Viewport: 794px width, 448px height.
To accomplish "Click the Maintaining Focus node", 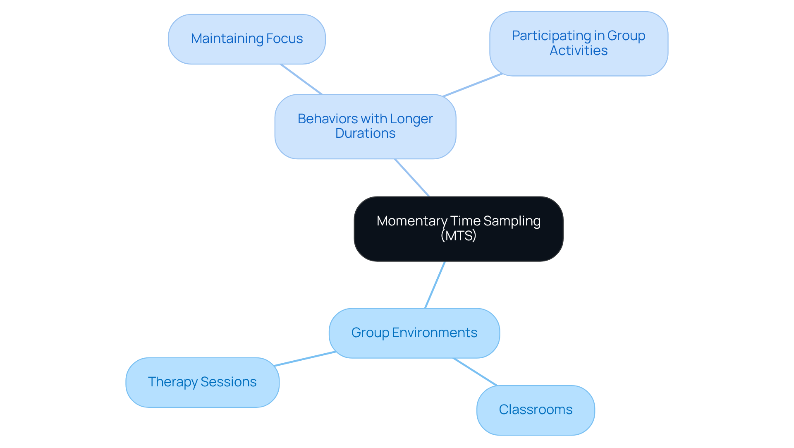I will [246, 39].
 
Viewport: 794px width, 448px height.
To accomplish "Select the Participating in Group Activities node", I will [578, 43].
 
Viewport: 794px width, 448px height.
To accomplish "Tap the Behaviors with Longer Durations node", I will [365, 126].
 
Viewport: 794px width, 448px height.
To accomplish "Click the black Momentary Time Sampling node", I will [458, 229].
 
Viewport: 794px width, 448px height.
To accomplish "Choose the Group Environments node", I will [414, 333].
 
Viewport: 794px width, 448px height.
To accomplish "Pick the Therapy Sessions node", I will [202, 382].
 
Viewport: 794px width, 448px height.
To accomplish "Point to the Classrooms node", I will [535, 410].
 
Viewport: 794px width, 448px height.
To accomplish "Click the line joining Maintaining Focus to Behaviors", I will [301, 79].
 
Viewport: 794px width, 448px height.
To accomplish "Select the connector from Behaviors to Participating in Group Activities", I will [472, 85].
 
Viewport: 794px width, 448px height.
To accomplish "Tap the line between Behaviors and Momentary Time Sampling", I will [412, 177].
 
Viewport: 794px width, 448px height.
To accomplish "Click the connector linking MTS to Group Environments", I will [435, 285].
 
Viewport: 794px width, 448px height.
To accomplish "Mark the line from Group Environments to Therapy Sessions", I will [305, 359].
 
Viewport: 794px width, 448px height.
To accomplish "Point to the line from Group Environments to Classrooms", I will [475, 372].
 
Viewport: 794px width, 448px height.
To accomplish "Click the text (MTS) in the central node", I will [458, 236].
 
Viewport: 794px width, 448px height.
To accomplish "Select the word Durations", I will [365, 134].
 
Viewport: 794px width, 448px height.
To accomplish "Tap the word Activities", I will [578, 51].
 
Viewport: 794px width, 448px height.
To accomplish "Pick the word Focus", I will [285, 39].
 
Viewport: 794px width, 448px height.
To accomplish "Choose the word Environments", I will [435, 333].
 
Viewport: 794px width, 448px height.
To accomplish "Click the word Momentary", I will [411, 221].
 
